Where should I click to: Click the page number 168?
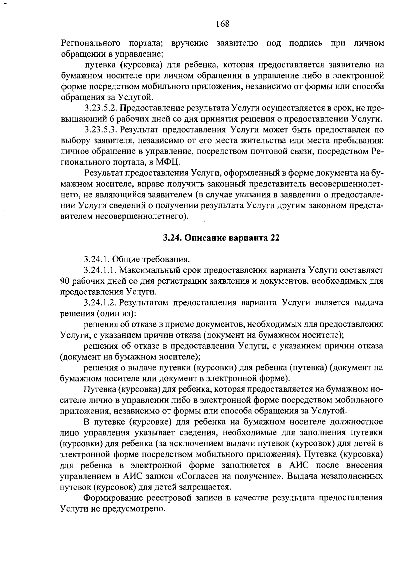coord(222,24)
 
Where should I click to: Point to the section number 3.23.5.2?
coord(101,108)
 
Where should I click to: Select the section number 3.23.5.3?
coord(101,129)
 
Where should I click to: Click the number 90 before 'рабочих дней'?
coord(65,281)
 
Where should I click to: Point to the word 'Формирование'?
coord(110,498)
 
